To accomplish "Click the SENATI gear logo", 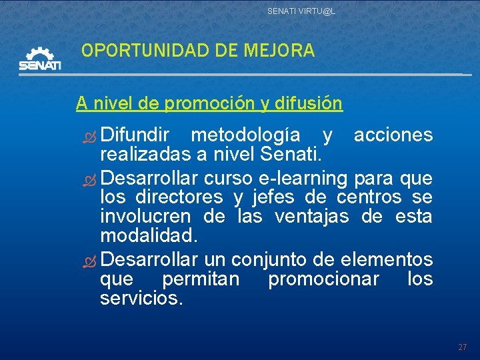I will coord(40,59).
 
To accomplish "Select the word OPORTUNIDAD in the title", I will coord(137,51).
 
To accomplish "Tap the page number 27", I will coord(462,347).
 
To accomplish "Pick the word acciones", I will coord(393,135).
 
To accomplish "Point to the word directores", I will coord(179,197).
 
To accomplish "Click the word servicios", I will coord(141,299).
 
